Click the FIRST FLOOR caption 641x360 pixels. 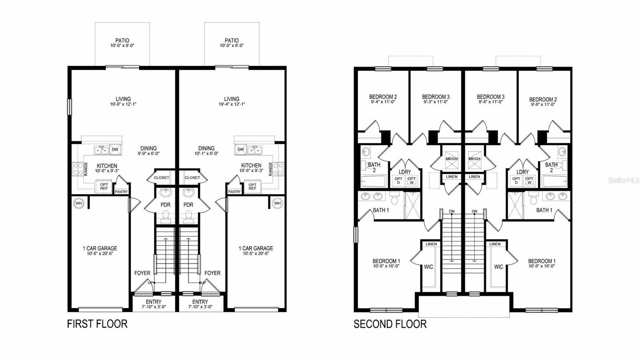click(x=97, y=324)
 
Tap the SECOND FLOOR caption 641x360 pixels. click(x=390, y=324)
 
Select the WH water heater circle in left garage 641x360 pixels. click(x=79, y=203)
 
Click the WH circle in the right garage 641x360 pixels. click(x=277, y=203)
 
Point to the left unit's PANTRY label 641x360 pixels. click(x=121, y=192)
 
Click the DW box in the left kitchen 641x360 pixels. click(x=115, y=150)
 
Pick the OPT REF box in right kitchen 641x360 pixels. click(x=252, y=187)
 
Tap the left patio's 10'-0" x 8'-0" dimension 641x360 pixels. click(x=122, y=46)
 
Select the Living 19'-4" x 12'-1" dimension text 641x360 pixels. click(x=232, y=104)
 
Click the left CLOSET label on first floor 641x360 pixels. click(x=161, y=177)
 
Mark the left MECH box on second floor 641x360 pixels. click(x=452, y=159)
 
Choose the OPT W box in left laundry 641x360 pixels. click(x=411, y=181)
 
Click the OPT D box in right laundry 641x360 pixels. click(x=516, y=181)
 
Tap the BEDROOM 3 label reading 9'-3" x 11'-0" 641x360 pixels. click(x=435, y=102)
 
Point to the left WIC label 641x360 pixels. click(x=428, y=267)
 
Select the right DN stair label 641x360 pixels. click(x=474, y=211)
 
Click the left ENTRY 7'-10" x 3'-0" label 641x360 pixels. click(x=153, y=304)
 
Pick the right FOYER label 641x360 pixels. click(x=212, y=273)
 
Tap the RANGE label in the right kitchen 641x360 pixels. click(x=271, y=169)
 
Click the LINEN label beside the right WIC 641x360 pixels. click(x=495, y=244)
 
